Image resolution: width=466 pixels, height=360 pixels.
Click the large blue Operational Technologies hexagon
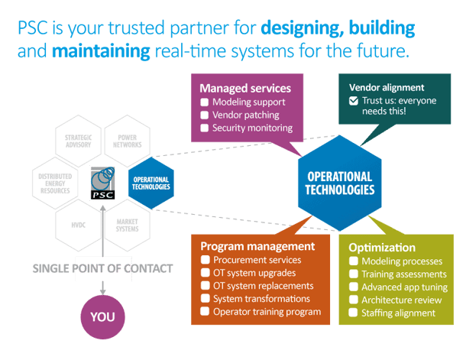coord(340,183)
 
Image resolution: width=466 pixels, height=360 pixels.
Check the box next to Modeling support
coord(205,102)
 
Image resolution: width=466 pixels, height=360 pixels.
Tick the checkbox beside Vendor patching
coord(205,115)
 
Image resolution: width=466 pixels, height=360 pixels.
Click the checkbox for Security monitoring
coord(205,128)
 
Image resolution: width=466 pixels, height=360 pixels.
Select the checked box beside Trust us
coord(353,101)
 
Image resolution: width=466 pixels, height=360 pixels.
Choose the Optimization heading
coord(382,248)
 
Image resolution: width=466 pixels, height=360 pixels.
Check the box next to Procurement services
coord(205,260)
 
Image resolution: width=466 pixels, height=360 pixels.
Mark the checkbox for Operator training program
coord(205,312)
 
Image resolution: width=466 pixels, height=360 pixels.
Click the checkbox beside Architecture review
coord(353,300)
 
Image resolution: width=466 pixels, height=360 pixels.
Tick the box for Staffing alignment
coord(353,313)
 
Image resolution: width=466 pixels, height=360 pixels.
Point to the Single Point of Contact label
coord(102,268)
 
